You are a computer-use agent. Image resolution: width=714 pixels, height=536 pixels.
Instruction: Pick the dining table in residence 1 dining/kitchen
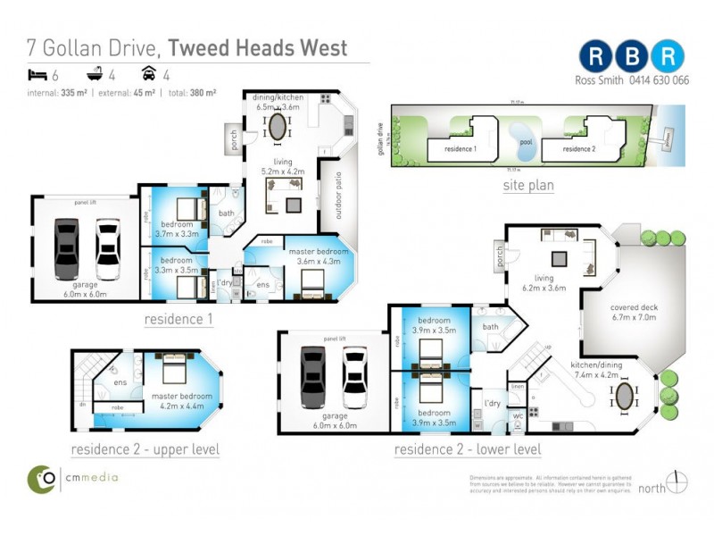(278, 125)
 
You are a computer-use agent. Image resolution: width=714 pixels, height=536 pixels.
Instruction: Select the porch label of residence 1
(231, 140)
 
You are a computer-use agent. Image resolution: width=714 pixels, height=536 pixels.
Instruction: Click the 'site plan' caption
(527, 186)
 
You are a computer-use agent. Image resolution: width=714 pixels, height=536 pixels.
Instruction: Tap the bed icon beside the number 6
(35, 75)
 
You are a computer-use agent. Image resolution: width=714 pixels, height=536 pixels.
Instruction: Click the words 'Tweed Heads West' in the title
(258, 47)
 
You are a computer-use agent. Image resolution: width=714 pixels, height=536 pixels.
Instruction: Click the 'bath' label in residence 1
(226, 213)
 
